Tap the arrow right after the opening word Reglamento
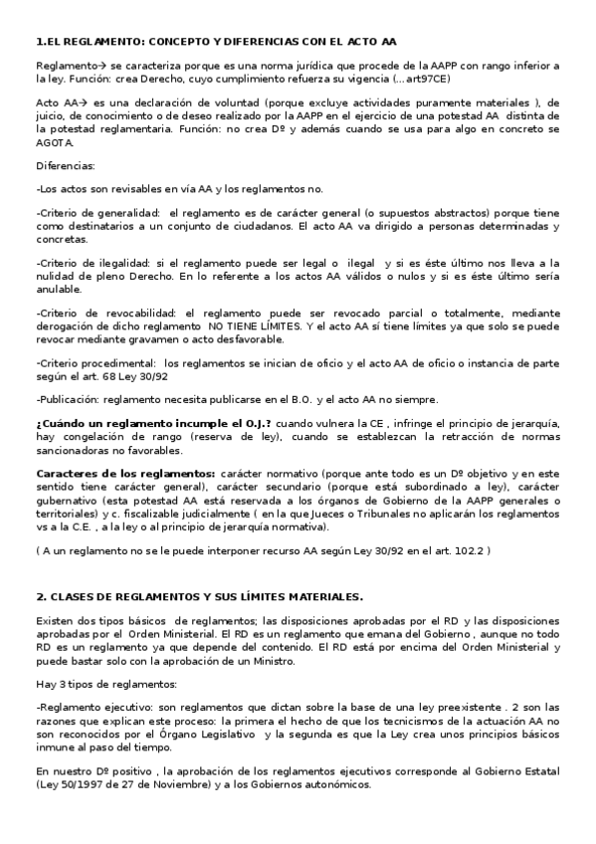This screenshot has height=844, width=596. (x=89, y=65)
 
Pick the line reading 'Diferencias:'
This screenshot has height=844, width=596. (x=67, y=165)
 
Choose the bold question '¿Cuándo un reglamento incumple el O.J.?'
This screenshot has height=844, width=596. (x=153, y=423)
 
